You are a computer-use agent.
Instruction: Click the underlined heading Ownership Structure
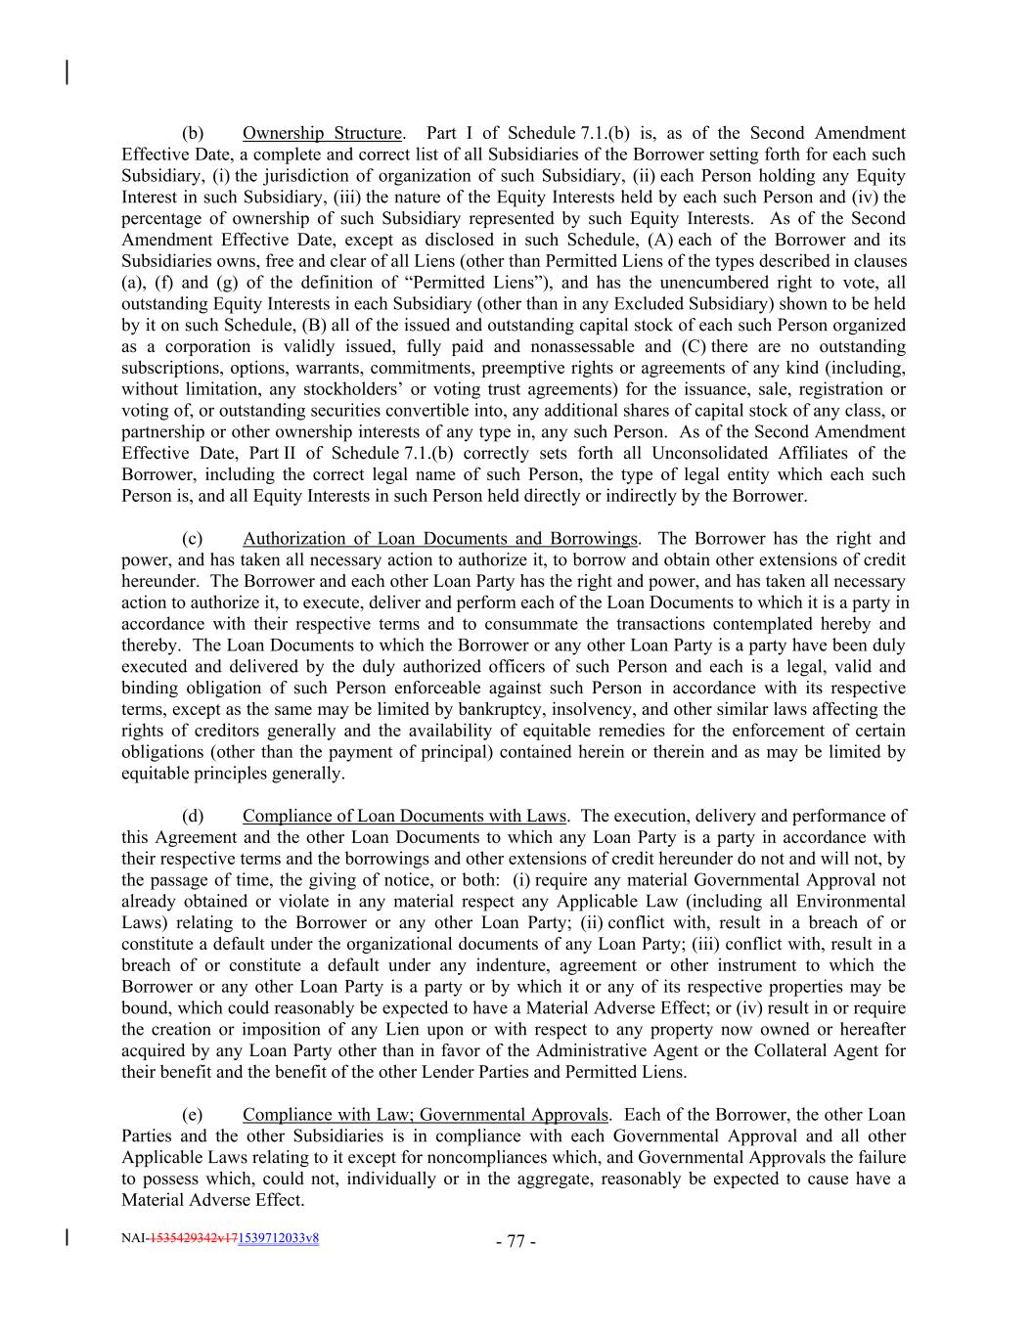point(322,133)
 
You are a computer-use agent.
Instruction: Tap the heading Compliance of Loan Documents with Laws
point(404,816)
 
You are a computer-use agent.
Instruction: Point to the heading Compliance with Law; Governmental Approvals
point(426,1115)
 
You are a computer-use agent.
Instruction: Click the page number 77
point(516,1242)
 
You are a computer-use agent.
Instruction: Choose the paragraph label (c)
point(193,538)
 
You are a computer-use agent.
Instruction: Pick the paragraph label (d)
point(193,816)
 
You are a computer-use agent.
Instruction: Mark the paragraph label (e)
point(193,1115)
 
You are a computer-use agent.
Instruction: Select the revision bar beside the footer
point(67,1237)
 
